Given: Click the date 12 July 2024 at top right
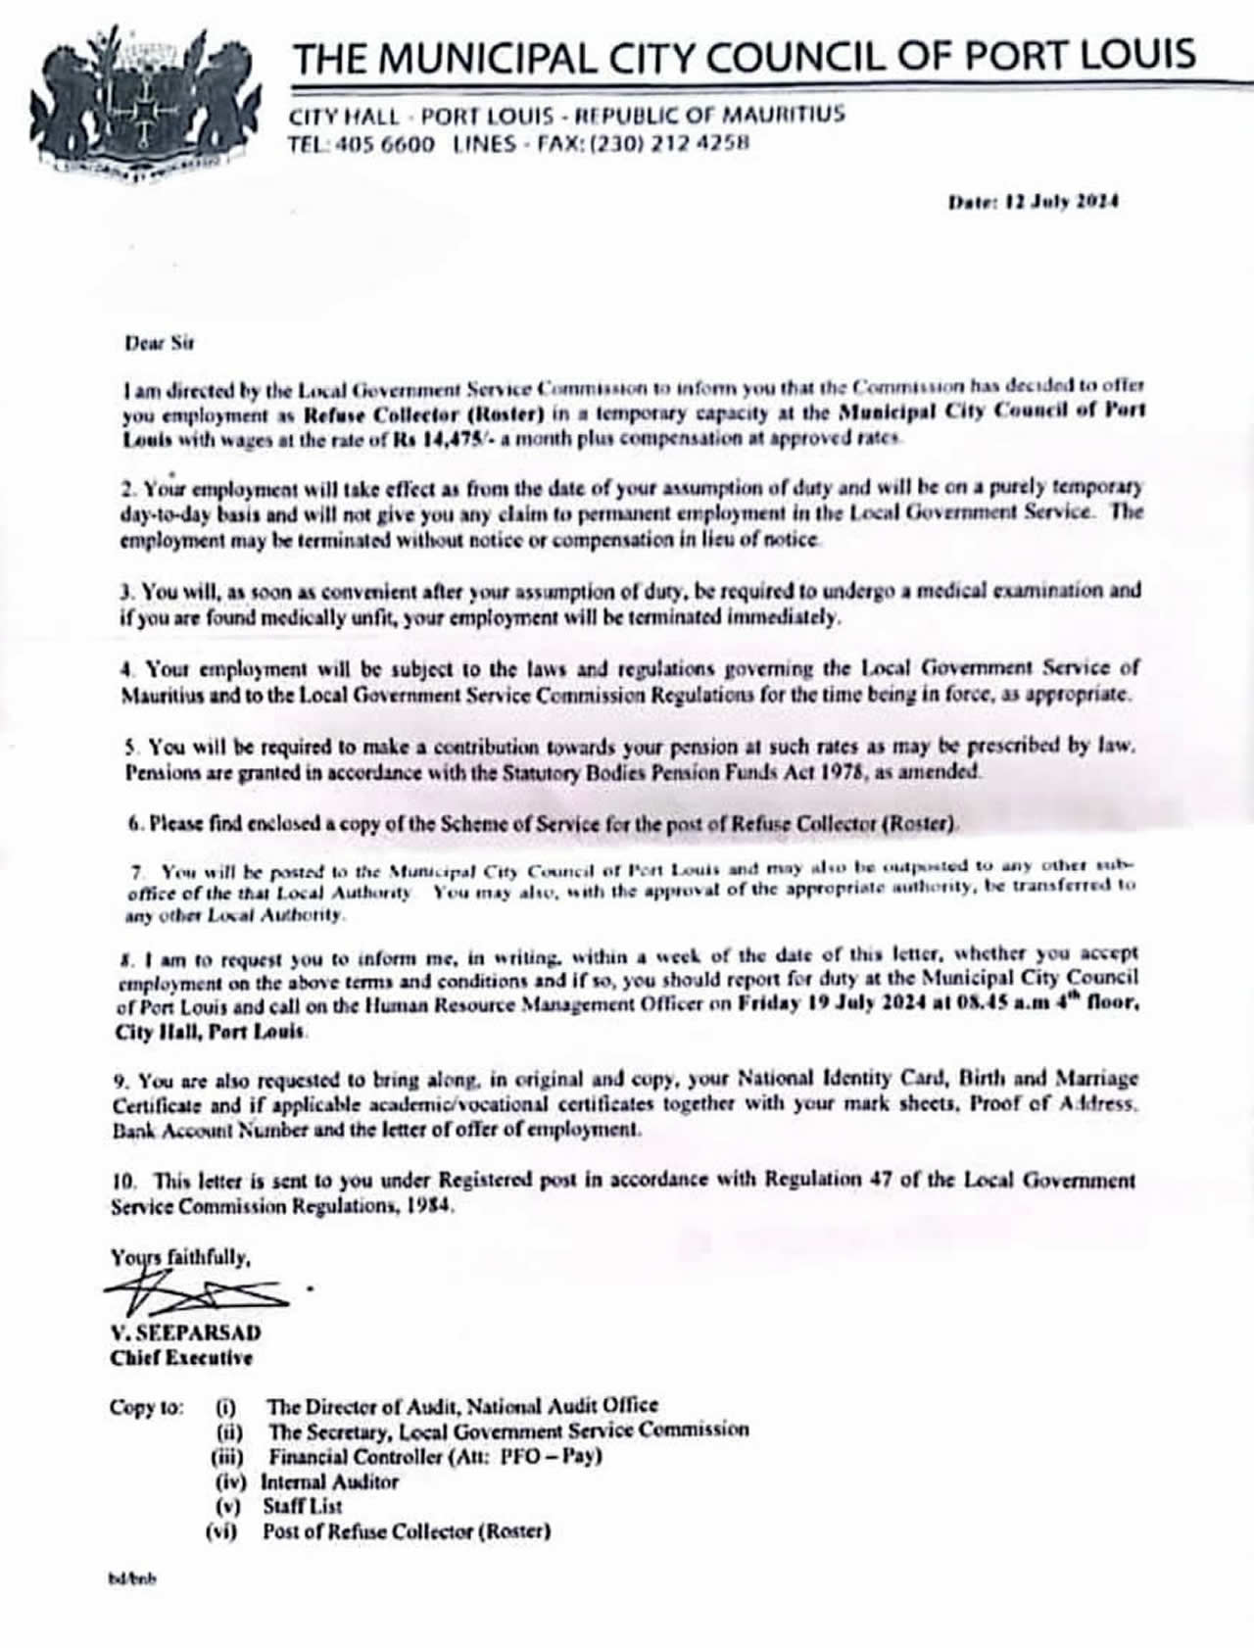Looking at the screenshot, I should tap(1034, 202).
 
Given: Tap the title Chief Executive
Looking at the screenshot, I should tap(181, 1358).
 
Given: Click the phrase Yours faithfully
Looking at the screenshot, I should tap(180, 1257).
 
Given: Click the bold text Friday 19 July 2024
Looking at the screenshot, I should tap(832, 1003).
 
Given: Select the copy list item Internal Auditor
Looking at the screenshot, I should tap(329, 1481).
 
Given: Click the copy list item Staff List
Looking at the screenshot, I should tap(302, 1506).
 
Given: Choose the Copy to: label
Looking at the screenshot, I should tap(146, 1407).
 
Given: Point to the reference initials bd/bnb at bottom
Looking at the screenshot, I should tap(131, 1578).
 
